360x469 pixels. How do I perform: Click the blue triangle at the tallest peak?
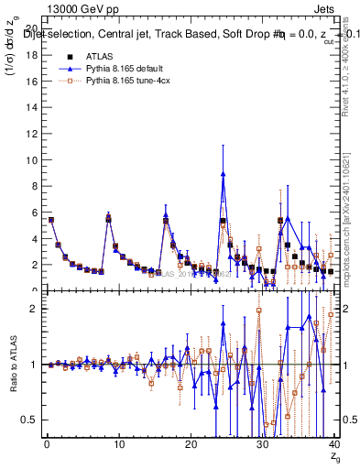[223, 174]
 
